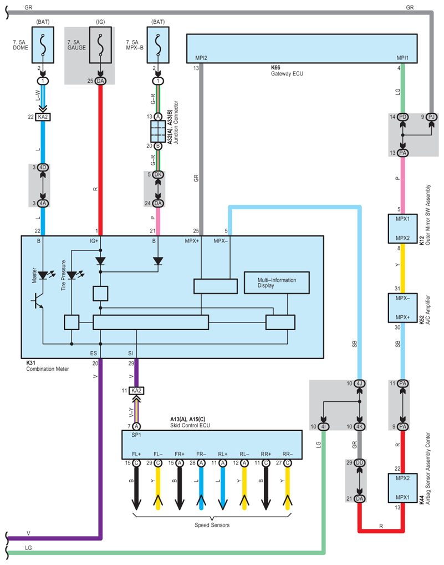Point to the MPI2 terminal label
201,58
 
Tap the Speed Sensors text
213,525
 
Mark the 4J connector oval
359,384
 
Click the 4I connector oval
325,426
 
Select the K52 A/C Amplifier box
403,307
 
